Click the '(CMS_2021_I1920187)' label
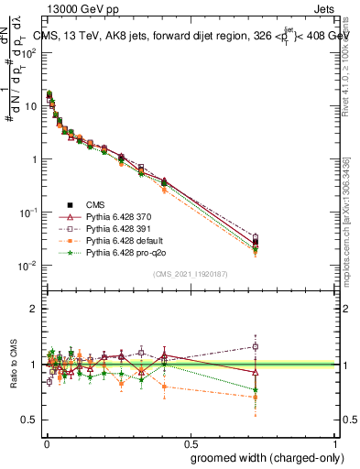190,274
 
